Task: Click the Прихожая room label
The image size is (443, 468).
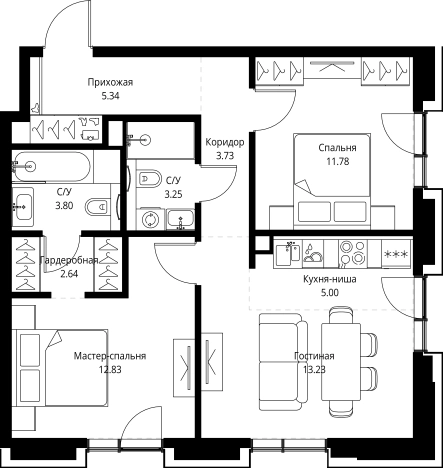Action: point(110,82)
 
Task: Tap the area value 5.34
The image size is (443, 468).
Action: point(110,96)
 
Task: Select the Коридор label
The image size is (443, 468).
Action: point(225,142)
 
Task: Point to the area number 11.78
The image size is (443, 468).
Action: point(338,162)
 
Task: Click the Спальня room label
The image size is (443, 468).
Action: point(337,148)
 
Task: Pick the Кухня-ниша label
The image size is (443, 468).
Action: point(330,279)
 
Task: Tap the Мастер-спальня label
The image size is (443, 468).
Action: point(110,356)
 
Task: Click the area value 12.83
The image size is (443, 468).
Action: point(110,370)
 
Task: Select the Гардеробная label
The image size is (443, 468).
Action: point(68,260)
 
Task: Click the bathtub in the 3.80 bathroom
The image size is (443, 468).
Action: point(51,166)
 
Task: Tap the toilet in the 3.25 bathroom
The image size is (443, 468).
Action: point(149,179)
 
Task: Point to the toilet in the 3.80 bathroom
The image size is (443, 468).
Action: point(98,208)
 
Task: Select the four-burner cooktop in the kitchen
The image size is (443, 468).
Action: point(352,254)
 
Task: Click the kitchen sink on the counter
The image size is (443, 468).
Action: point(288,254)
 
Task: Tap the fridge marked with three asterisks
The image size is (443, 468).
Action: point(396,254)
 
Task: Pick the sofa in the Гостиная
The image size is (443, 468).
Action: point(283,362)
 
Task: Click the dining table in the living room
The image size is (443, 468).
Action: point(341,362)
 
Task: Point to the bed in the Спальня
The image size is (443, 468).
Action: point(332,181)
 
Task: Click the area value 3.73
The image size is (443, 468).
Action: point(225,156)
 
